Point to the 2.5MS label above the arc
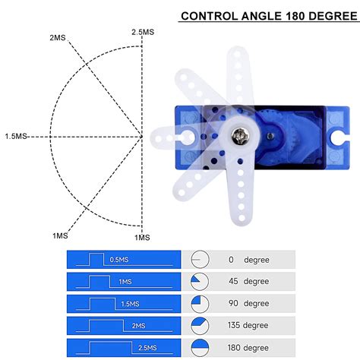tap(143, 32)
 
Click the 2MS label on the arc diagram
tap(57, 37)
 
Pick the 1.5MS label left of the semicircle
tap(15, 136)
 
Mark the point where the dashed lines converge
tap(141, 137)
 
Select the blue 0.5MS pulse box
tap(125, 259)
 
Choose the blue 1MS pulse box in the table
tap(125, 281)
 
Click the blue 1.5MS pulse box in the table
tap(125, 303)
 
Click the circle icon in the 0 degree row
tap(200, 259)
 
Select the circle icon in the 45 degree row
tap(200, 281)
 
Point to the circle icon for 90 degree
tap(200, 303)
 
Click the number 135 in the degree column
tap(231, 325)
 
